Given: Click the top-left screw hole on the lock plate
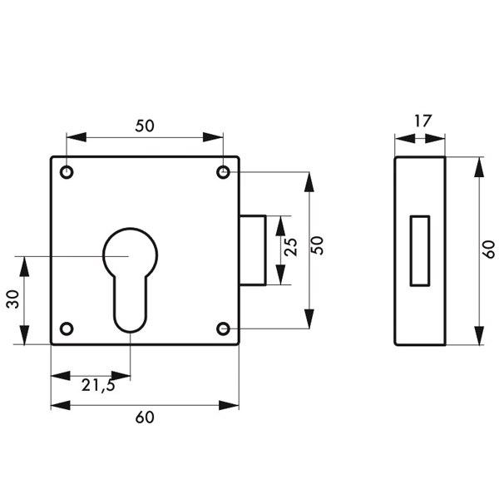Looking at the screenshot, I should [x=67, y=172].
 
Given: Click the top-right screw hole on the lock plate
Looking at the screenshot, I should [x=223, y=172].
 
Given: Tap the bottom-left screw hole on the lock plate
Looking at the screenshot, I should [x=67, y=328].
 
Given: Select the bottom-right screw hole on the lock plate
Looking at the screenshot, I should [x=223, y=328].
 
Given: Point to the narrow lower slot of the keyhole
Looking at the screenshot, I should [x=130, y=304].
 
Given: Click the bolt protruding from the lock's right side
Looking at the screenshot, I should [x=253, y=250].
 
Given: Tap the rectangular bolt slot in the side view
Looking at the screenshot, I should [x=421, y=250].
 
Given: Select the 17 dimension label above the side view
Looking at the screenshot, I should [x=422, y=121].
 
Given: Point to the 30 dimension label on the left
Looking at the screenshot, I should [x=12, y=300].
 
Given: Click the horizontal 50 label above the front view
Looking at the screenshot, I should [x=145, y=126].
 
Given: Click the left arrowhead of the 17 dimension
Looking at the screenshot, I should [x=398, y=138].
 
